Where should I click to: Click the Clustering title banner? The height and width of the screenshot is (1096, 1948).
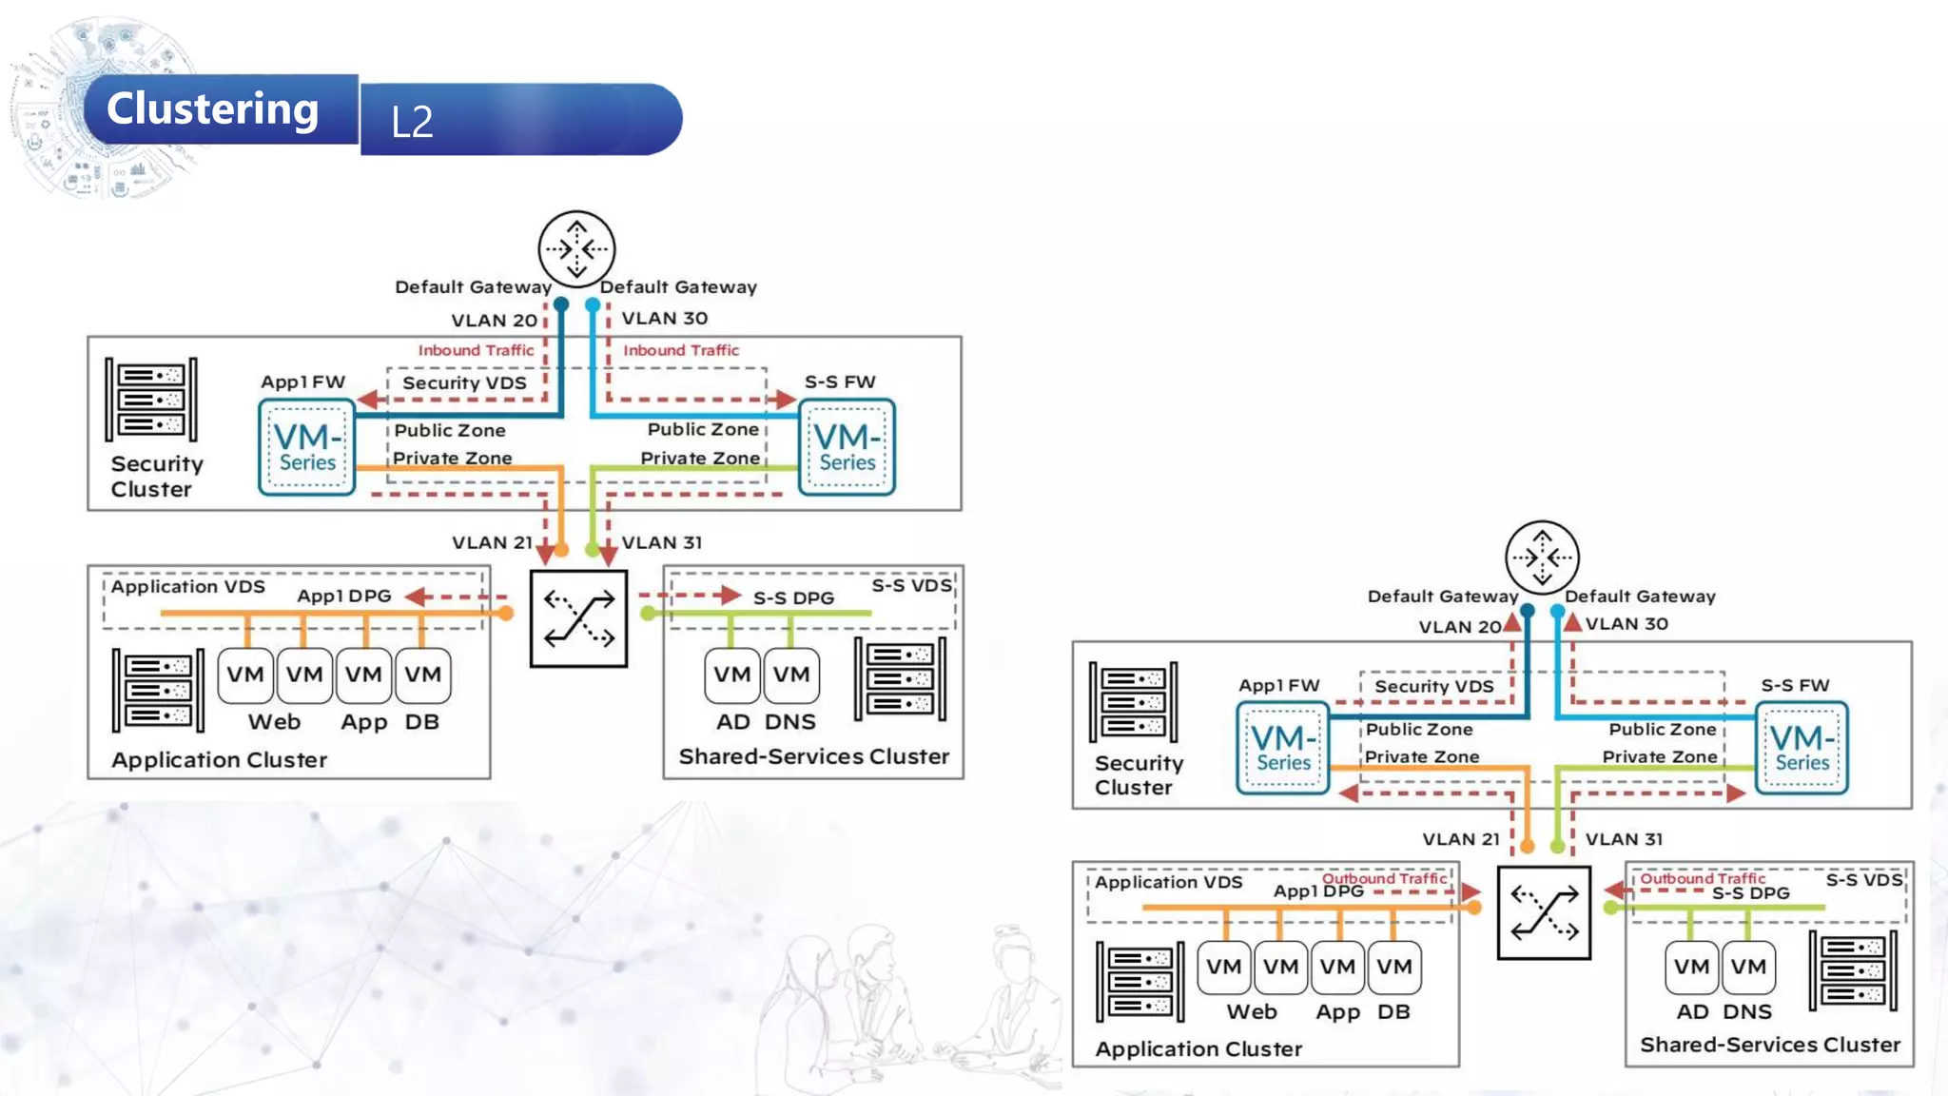click(213, 109)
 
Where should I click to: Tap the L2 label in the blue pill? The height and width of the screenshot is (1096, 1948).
click(412, 122)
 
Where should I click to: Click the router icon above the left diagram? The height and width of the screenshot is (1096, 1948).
click(576, 248)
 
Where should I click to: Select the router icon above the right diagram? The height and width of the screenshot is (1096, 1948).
click(1542, 558)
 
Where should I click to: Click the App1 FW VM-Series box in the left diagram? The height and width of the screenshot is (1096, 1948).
click(306, 447)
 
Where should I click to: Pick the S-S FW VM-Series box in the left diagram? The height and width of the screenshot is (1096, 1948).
click(847, 447)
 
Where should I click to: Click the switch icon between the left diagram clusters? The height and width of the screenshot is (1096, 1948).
click(578, 618)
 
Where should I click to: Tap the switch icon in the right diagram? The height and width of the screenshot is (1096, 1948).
click(1544, 913)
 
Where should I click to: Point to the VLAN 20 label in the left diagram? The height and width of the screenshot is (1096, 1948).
click(494, 321)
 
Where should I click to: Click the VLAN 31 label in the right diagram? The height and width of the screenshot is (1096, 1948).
click(1624, 839)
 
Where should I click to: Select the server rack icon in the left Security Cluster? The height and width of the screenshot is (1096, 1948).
click(151, 400)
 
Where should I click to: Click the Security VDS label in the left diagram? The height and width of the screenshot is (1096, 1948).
click(464, 383)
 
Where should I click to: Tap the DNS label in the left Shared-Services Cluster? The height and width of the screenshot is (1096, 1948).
click(789, 722)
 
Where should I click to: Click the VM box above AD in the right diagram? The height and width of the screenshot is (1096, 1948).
click(1691, 967)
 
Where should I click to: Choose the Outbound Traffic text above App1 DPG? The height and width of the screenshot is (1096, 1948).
click(1384, 879)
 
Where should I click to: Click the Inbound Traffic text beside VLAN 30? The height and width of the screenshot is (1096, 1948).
click(681, 350)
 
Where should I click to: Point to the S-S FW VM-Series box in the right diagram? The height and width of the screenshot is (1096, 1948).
click(1802, 748)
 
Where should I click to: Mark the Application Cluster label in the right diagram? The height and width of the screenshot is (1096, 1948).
click(1198, 1049)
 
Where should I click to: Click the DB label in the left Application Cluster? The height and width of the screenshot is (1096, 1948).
click(421, 722)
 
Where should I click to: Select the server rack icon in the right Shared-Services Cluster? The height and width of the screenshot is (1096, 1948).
click(1853, 970)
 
